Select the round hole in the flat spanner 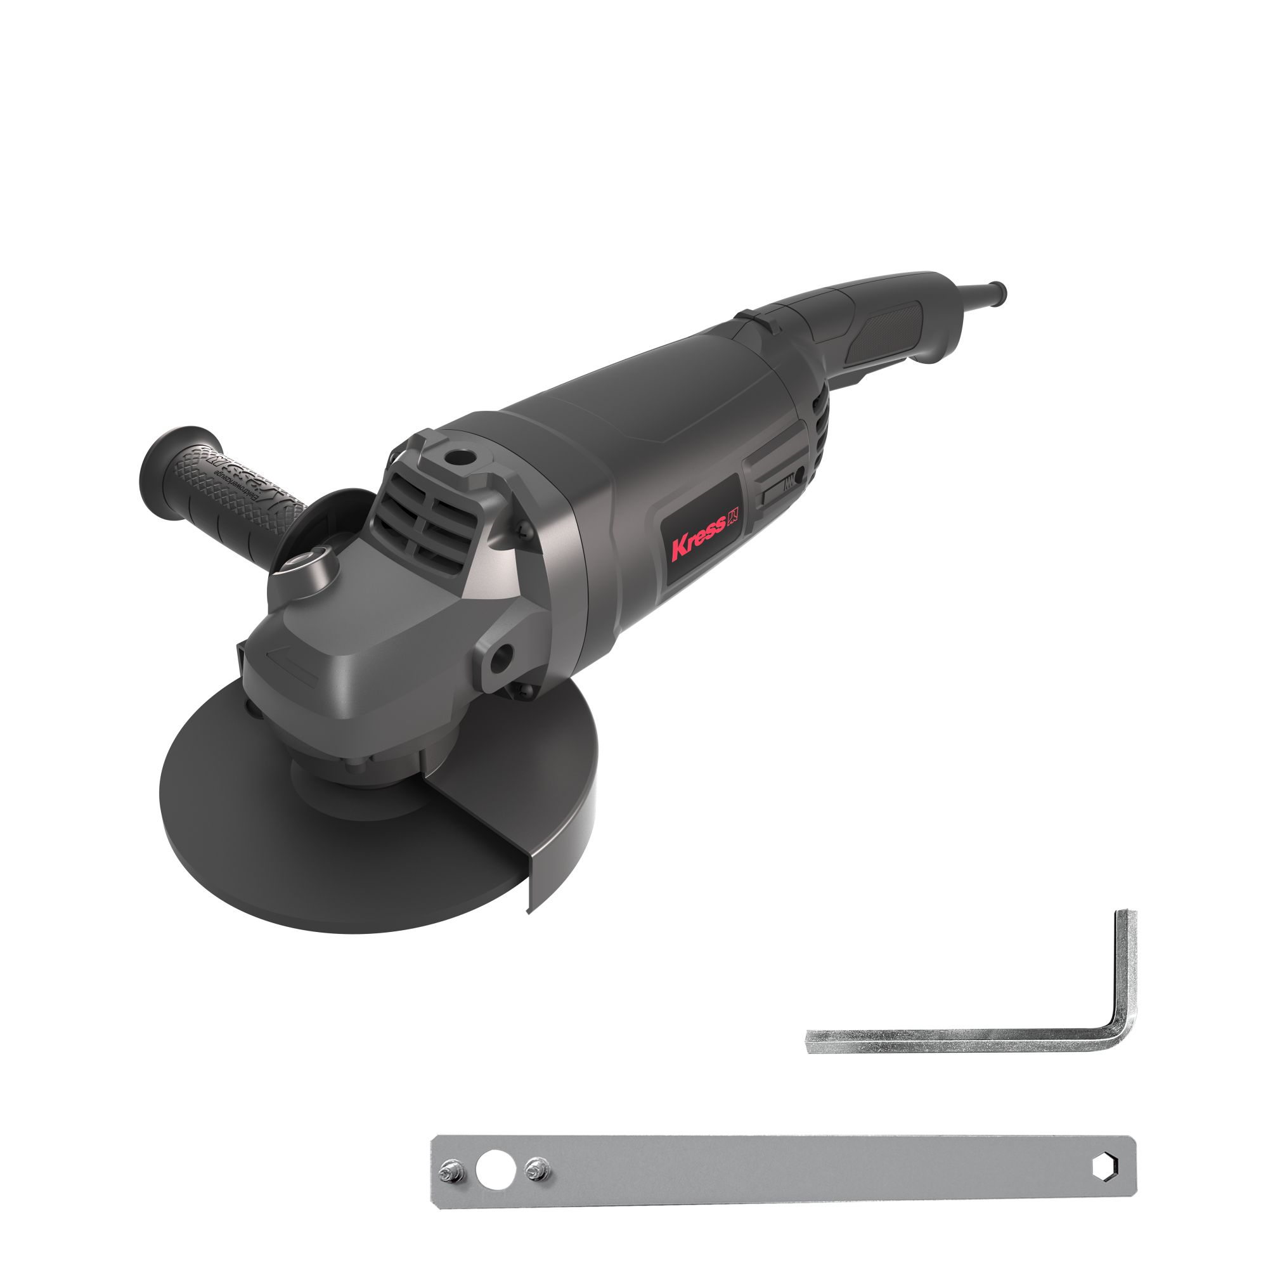pyautogui.click(x=496, y=1170)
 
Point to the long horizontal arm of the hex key pyautogui.click(x=952, y=1041)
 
